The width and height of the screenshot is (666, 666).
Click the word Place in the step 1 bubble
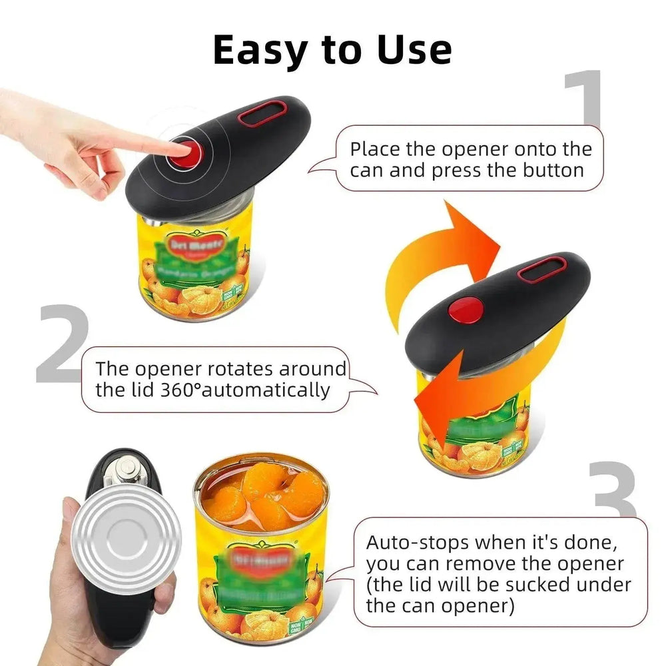tap(376, 149)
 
